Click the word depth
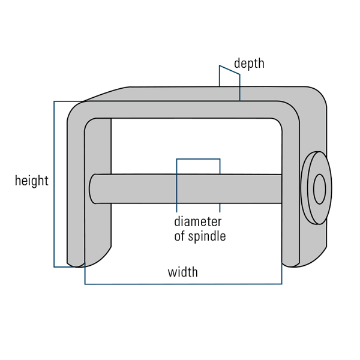[249, 63]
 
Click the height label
[32, 181]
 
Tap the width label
[183, 272]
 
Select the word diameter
[198, 222]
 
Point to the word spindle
[207, 236]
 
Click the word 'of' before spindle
[179, 236]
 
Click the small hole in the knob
[319, 189]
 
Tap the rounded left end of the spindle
[92, 189]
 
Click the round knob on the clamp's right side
[316, 188]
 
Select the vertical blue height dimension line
[54, 184]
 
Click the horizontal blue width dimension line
[183, 284]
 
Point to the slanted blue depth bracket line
[230, 70]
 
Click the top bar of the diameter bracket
[199, 159]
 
